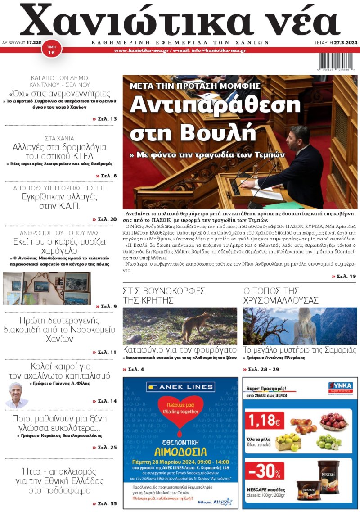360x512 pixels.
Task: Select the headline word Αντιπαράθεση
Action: (x=215, y=104)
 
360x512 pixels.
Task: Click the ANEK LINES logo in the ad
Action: (x=180, y=387)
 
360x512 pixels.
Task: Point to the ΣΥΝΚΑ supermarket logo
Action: (x=340, y=385)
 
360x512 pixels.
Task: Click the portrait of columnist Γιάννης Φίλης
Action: (x=16, y=394)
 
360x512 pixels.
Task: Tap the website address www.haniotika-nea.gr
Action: (x=141, y=50)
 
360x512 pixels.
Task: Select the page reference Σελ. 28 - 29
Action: (x=261, y=369)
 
